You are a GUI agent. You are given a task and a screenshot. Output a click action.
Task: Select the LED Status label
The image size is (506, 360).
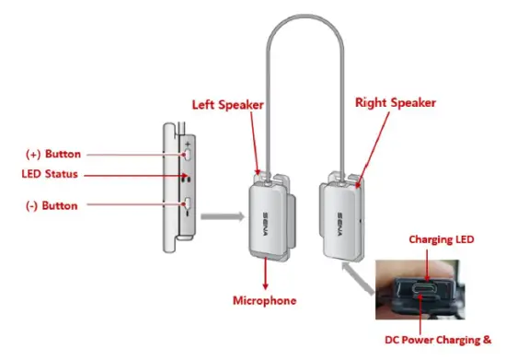pos(50,174)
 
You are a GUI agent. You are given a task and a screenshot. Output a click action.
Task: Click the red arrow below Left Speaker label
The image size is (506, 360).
pos(254,147)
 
